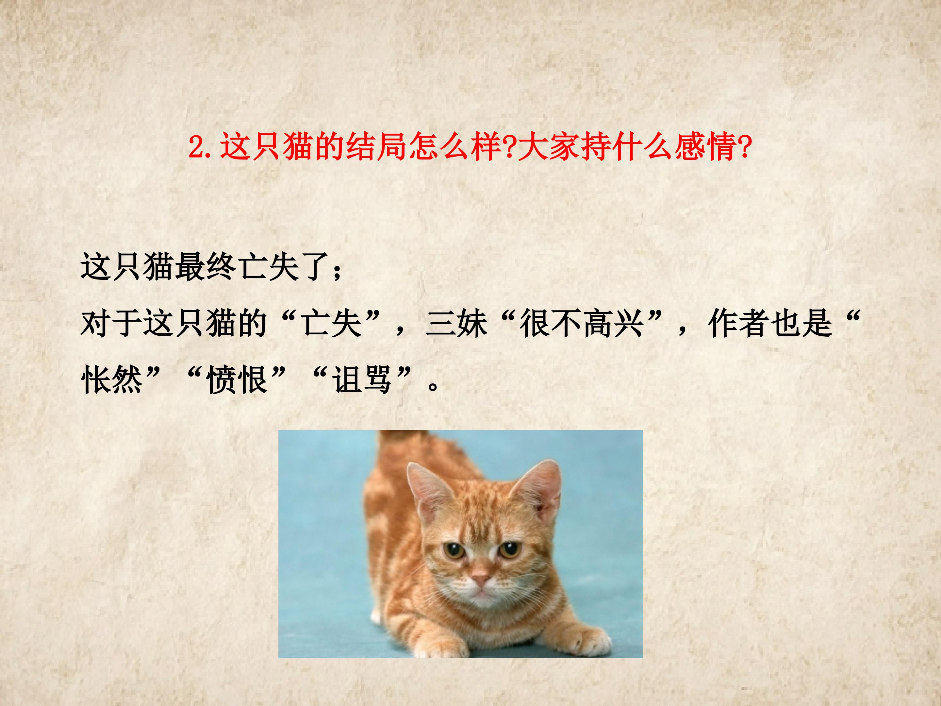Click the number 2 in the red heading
pyautogui.click(x=197, y=147)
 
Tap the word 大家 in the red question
pyautogui.click(x=549, y=147)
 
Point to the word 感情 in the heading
pyautogui.click(x=708, y=147)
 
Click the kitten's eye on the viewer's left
pyautogui.click(x=454, y=550)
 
